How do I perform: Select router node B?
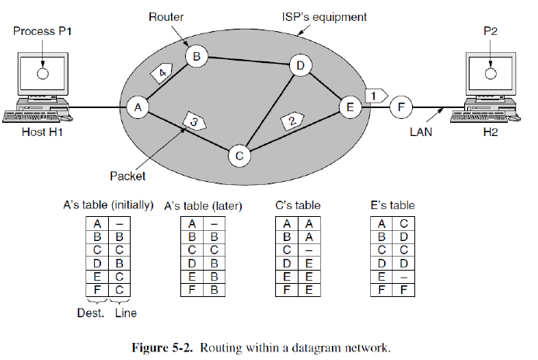click(196, 56)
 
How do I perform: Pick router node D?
click(299, 65)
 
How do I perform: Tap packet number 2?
click(291, 121)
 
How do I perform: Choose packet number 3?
click(194, 121)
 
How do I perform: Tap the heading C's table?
click(298, 205)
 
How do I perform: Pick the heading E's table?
click(393, 205)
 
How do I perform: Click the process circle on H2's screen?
click(490, 74)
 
